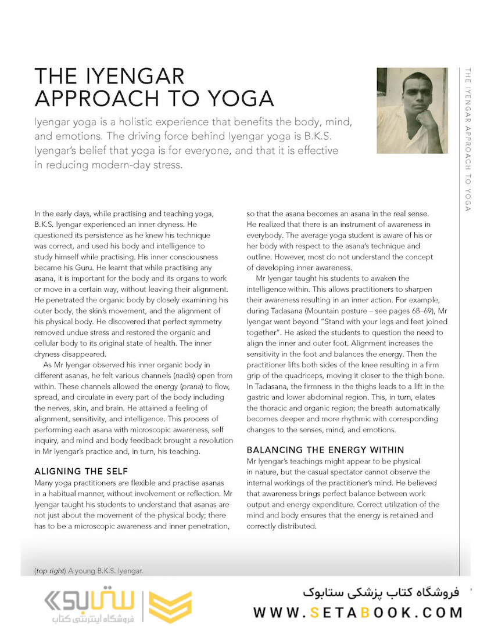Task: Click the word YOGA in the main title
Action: (x=243, y=98)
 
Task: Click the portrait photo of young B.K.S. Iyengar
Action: (x=412, y=110)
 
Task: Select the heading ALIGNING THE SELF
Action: (x=81, y=471)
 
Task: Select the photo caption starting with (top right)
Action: (x=89, y=571)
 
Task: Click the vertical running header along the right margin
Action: (x=468, y=139)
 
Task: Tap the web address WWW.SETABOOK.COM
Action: (x=358, y=612)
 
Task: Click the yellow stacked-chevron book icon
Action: (x=170, y=607)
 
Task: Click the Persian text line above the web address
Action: (x=381, y=592)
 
